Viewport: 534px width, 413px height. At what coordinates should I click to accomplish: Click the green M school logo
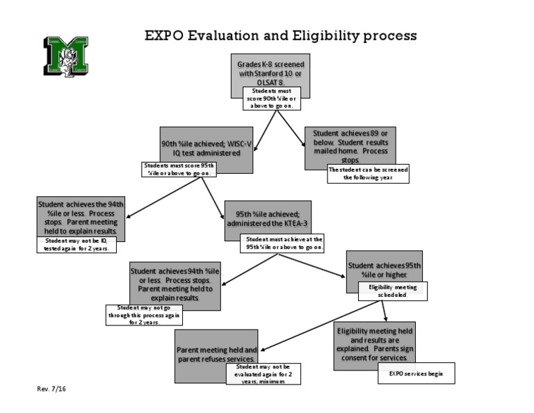66,56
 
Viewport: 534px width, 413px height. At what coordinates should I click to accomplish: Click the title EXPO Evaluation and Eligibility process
280,35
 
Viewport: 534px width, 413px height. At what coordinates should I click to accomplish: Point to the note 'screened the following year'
368,173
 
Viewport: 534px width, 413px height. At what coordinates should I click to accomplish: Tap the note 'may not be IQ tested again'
76,244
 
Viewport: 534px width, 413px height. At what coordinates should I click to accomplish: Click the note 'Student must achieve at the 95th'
284,243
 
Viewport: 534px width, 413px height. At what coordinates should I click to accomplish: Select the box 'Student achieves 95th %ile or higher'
384,268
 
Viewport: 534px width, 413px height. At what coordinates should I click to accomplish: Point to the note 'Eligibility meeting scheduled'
392,291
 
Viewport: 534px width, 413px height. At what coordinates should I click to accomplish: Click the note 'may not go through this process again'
143,315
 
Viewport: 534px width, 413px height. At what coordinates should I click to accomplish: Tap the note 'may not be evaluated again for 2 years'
264,373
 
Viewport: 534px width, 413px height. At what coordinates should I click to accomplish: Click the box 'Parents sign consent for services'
375,342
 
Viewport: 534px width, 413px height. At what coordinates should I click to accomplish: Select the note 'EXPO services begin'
416,373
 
